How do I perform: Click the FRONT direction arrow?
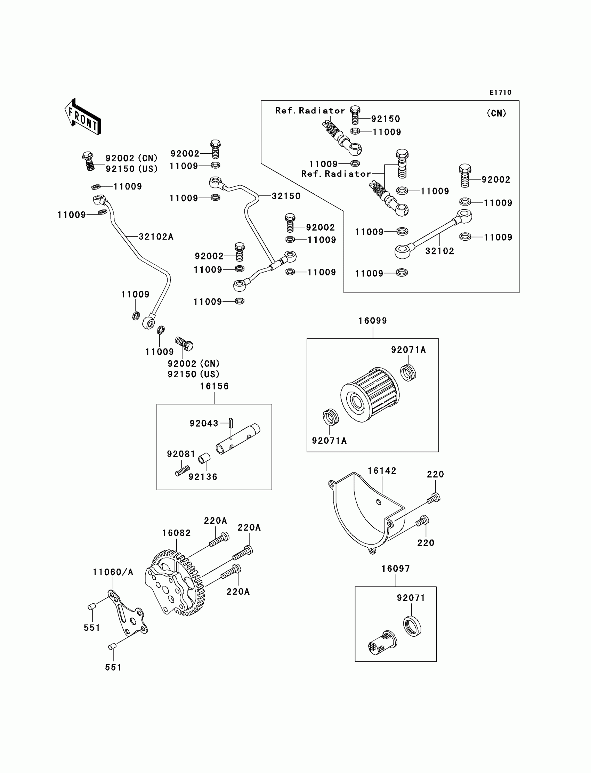[x=83, y=117]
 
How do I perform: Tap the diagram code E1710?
[x=500, y=92]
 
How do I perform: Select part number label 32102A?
[x=156, y=237]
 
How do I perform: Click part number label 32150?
[x=286, y=196]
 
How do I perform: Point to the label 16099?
[x=373, y=321]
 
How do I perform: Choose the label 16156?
[x=214, y=386]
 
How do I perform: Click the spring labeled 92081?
[x=183, y=470]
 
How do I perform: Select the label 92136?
[x=203, y=477]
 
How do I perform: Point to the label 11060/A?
[x=113, y=572]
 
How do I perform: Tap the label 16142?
[x=382, y=471]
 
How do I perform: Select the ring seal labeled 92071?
[x=412, y=626]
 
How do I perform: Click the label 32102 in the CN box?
[x=440, y=251]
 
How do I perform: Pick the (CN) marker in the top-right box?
[x=496, y=113]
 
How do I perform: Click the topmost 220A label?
[x=215, y=521]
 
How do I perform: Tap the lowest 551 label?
[x=113, y=667]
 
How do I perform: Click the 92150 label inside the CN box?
[x=386, y=119]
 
